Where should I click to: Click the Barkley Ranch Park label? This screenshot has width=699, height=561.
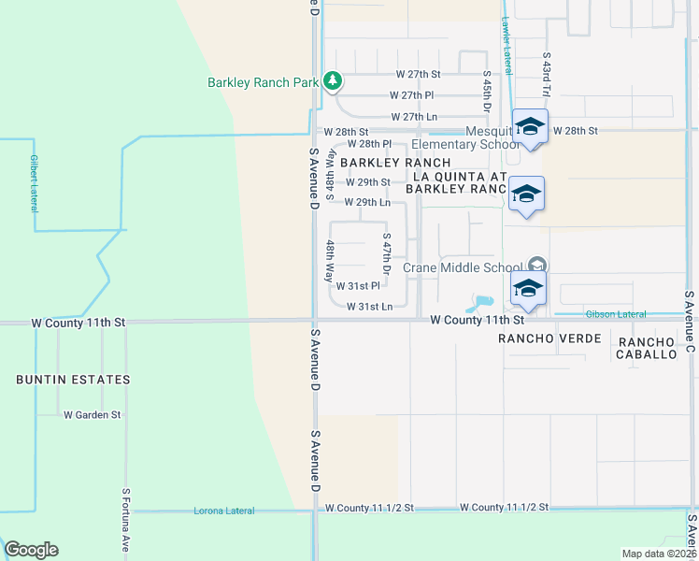click(264, 82)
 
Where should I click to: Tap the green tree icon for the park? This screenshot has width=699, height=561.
click(332, 82)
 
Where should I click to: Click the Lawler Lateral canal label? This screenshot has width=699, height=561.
click(506, 45)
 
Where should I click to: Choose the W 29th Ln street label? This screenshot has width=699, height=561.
click(367, 202)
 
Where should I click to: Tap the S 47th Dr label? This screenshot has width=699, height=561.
click(386, 253)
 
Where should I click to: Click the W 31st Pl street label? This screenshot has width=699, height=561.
click(358, 286)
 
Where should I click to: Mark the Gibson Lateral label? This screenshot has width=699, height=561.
click(616, 313)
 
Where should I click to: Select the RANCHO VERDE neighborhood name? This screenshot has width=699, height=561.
click(549, 338)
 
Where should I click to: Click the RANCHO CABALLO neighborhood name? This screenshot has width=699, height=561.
click(646, 349)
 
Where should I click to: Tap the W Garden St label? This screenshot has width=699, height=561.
click(92, 414)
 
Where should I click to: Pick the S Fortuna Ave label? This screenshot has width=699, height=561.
click(125, 519)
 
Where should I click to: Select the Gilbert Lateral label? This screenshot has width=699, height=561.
click(34, 182)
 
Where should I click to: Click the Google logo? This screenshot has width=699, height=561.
click(31, 550)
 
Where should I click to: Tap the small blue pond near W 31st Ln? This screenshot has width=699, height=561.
click(481, 303)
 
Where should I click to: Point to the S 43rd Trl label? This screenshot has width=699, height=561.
click(547, 75)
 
